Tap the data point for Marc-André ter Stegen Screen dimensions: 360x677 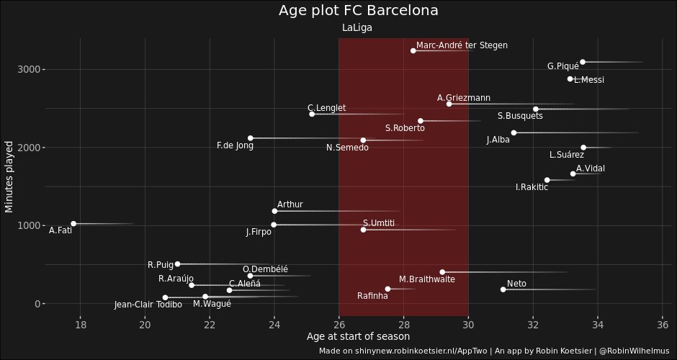click(413, 50)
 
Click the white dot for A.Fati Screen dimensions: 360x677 click(73, 224)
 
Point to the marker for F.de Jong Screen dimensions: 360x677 click(251, 138)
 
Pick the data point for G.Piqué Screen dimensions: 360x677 click(583, 62)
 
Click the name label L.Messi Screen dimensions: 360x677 click(589, 80)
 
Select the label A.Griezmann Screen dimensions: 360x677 click(464, 98)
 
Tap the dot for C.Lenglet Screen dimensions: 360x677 click(312, 114)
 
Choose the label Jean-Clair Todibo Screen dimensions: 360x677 click(148, 305)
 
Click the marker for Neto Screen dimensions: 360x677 click(503, 289)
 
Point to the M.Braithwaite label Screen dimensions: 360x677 click(426, 279)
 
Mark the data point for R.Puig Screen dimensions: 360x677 click(178, 264)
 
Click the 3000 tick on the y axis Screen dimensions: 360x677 click(27, 69)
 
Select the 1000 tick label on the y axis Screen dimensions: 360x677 click(27, 225)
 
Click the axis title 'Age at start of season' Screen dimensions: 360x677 click(358, 336)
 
